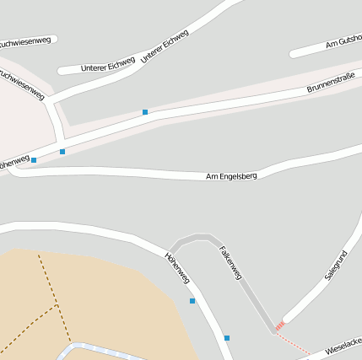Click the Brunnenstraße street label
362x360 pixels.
click(x=332, y=83)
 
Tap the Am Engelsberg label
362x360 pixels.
click(x=231, y=176)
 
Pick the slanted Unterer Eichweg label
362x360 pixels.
click(x=165, y=46)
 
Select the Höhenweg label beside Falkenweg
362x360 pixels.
click(x=178, y=267)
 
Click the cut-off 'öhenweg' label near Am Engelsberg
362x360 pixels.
click(x=14, y=161)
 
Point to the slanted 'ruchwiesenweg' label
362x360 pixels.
click(x=22, y=83)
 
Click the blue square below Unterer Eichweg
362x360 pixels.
click(x=145, y=111)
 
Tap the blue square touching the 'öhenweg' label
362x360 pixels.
click(x=34, y=160)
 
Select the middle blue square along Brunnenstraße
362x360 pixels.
click(x=62, y=152)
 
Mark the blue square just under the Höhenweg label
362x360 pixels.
click(x=192, y=300)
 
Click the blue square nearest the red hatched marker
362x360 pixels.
click(x=227, y=338)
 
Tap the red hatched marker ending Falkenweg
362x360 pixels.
click(x=279, y=325)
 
